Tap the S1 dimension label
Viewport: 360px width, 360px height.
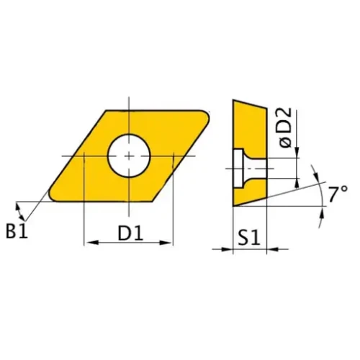point(250,238)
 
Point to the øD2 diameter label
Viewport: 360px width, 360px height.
point(284,127)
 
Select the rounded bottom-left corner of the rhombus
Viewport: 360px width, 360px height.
point(53,196)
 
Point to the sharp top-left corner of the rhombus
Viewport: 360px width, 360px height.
point(107,112)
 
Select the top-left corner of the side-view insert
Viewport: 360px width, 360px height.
point(233,101)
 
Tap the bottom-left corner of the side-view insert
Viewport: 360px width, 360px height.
point(233,206)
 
